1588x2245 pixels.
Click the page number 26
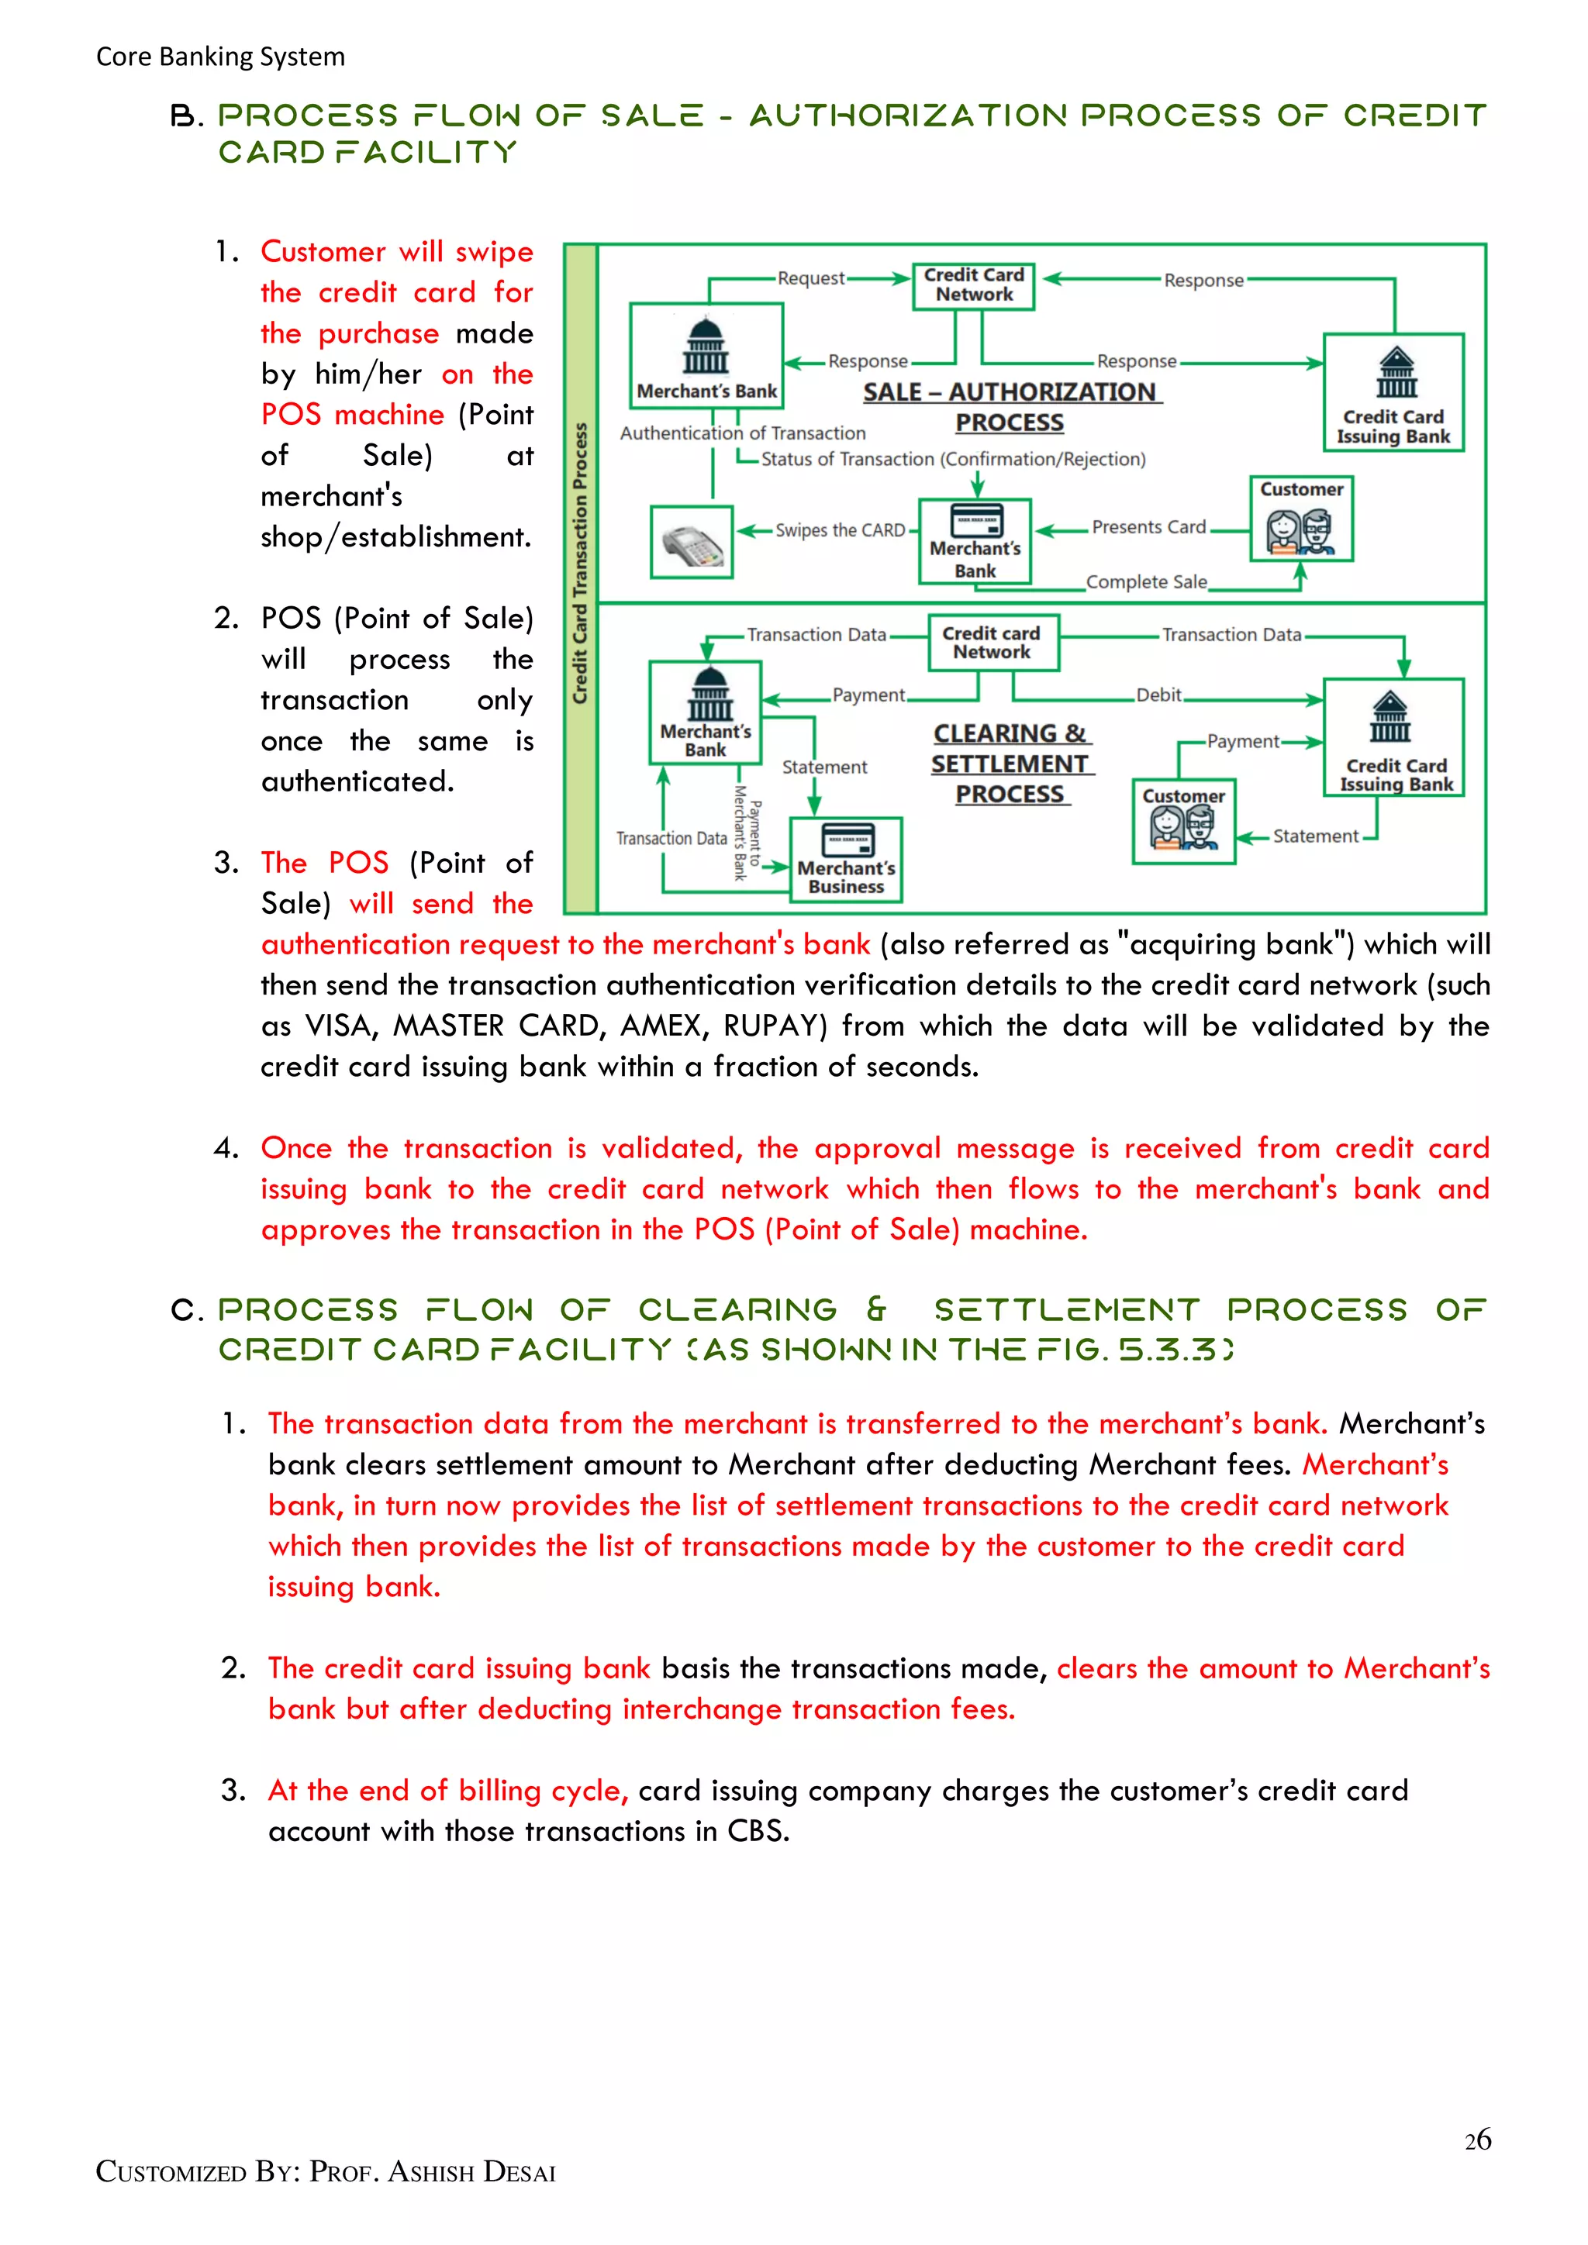tap(1476, 2140)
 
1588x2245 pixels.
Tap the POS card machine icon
tap(692, 543)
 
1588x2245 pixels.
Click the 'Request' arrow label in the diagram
tap(810, 278)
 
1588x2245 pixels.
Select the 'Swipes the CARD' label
tap(840, 531)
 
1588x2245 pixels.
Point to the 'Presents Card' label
tap(1148, 527)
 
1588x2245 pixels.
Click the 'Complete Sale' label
tap(1146, 581)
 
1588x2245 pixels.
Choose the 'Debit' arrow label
tap(1158, 695)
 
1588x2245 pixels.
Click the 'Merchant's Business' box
tap(846, 860)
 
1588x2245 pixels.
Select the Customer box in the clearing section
tap(1183, 822)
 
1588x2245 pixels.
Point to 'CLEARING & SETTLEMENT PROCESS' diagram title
tap(1010, 764)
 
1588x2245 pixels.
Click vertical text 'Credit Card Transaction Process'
tap(581, 564)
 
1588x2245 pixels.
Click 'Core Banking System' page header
tap(220, 57)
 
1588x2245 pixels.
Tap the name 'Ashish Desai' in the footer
tap(471, 2173)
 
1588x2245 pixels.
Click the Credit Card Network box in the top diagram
tap(973, 285)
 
